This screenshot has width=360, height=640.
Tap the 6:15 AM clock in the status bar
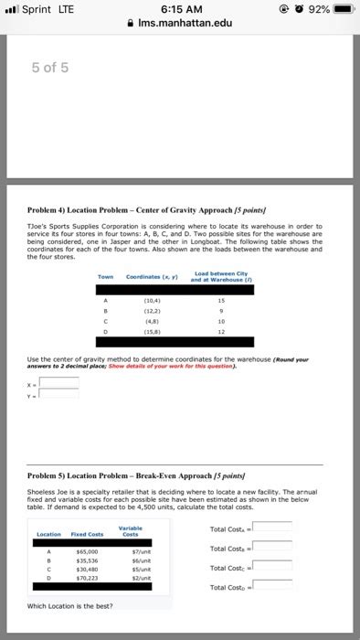(180, 10)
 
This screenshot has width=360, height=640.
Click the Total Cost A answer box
(272, 527)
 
